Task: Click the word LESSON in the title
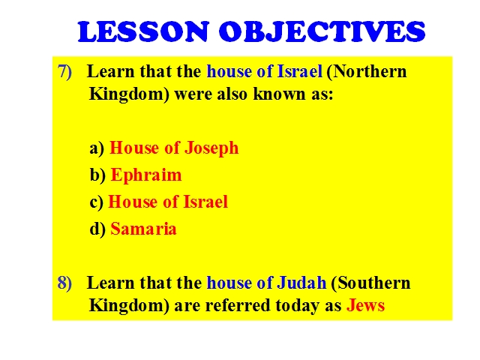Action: [x=143, y=31]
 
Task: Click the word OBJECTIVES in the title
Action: [x=322, y=31]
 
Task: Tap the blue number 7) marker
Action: [x=64, y=72]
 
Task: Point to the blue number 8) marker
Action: [x=64, y=283]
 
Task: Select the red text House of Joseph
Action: [x=174, y=148]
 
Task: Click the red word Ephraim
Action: [x=146, y=175]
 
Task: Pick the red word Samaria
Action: [x=143, y=229]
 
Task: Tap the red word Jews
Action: [x=365, y=305]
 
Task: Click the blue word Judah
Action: [x=301, y=283]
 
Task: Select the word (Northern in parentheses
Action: [x=367, y=72]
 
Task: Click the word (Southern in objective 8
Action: [x=370, y=283]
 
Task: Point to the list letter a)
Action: [x=97, y=148]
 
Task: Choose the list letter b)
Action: [x=97, y=175]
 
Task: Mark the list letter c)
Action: [x=97, y=202]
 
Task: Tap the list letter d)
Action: [x=97, y=229]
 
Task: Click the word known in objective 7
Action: [x=279, y=94]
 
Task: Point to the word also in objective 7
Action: [x=232, y=94]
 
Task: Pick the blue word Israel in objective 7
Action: [x=299, y=71]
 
